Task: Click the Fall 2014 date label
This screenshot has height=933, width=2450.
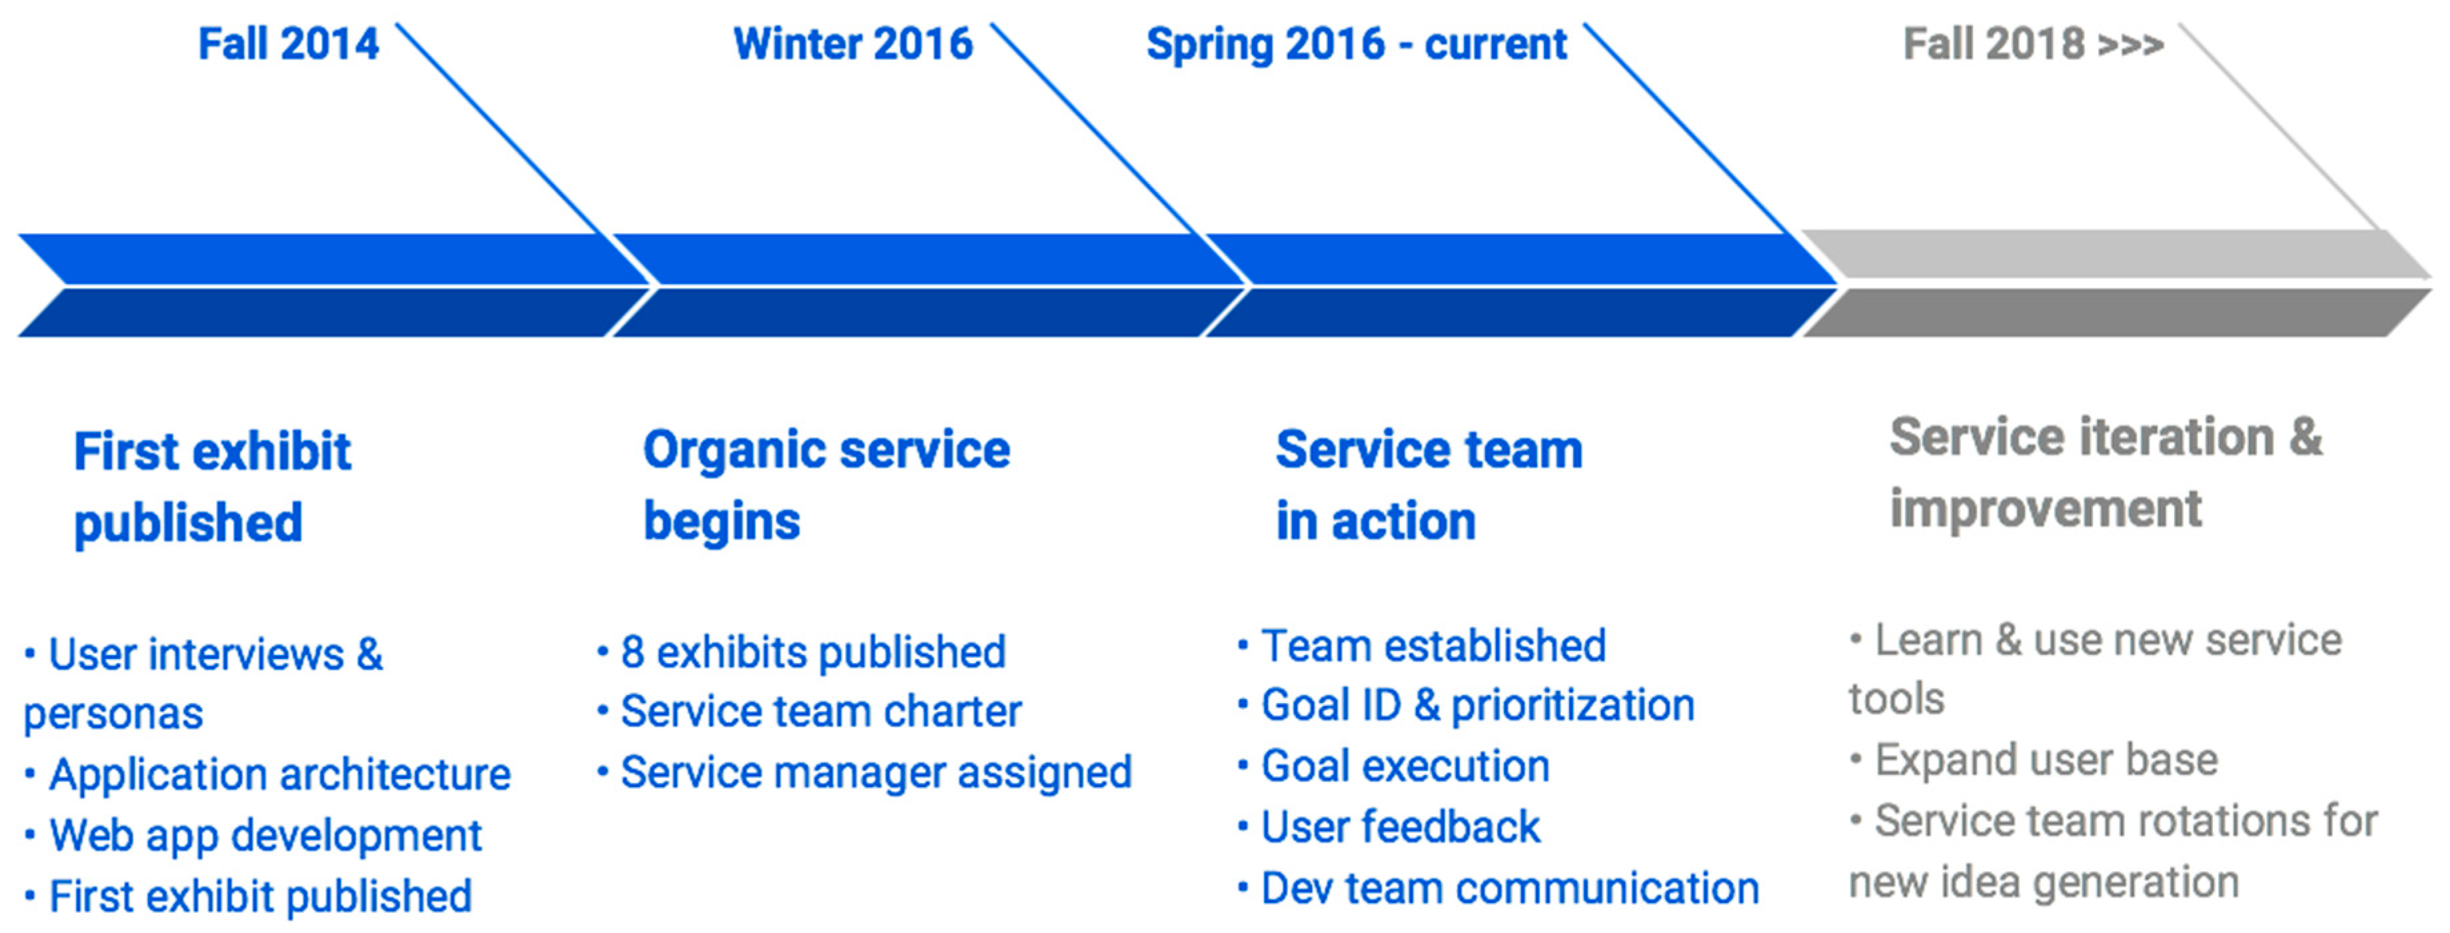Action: (289, 44)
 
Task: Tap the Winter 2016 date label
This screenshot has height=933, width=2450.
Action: (853, 44)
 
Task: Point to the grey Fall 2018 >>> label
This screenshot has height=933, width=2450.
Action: (2034, 44)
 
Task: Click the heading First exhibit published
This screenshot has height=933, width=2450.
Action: (212, 486)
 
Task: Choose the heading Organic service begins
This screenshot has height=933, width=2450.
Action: (826, 485)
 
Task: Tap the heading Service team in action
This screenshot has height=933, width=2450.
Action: (1429, 485)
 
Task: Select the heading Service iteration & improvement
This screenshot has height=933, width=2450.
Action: (2106, 472)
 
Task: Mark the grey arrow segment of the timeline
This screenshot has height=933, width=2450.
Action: (2117, 283)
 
